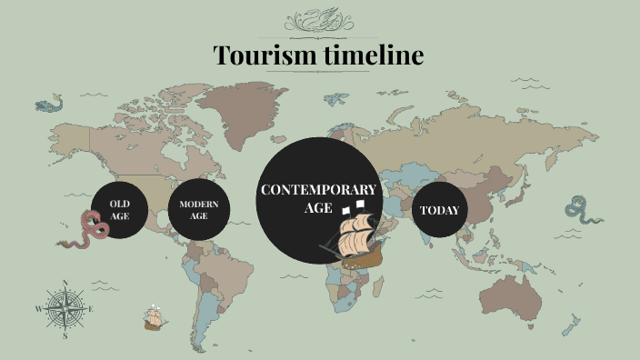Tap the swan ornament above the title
tap(319, 19)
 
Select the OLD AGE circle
tap(119, 210)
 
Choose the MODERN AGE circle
tap(199, 210)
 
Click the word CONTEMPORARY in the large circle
tap(317, 189)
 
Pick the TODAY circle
tap(439, 210)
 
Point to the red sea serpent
tap(87, 230)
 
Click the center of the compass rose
tap(65, 308)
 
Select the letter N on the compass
tap(65, 281)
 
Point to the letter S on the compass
tap(65, 335)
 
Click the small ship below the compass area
tap(153, 318)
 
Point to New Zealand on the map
tap(570, 325)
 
